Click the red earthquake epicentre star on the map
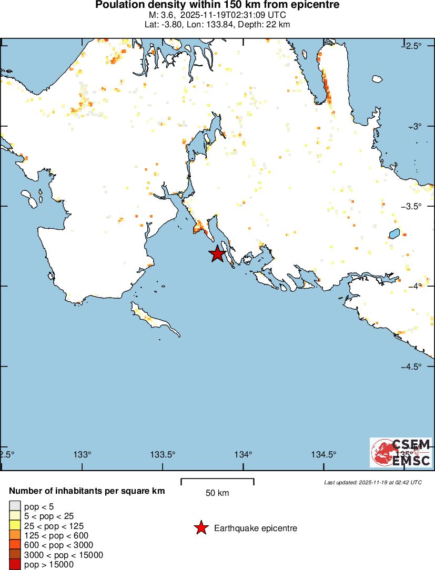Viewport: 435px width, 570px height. (x=217, y=254)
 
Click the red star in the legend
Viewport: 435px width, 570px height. (x=201, y=528)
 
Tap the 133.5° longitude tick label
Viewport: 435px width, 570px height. (x=163, y=454)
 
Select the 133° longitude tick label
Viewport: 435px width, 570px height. (x=83, y=454)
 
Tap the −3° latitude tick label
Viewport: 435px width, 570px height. (x=419, y=126)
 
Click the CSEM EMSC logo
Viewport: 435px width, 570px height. (x=401, y=452)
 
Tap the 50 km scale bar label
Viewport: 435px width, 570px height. (x=217, y=493)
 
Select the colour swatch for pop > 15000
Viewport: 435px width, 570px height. (x=15, y=565)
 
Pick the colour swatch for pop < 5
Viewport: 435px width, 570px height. (x=15, y=506)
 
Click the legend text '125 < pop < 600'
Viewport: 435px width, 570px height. (x=56, y=535)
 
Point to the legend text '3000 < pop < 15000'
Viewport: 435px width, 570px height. (x=64, y=555)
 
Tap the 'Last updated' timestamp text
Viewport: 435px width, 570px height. (x=373, y=482)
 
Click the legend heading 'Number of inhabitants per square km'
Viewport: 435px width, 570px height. (x=87, y=491)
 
